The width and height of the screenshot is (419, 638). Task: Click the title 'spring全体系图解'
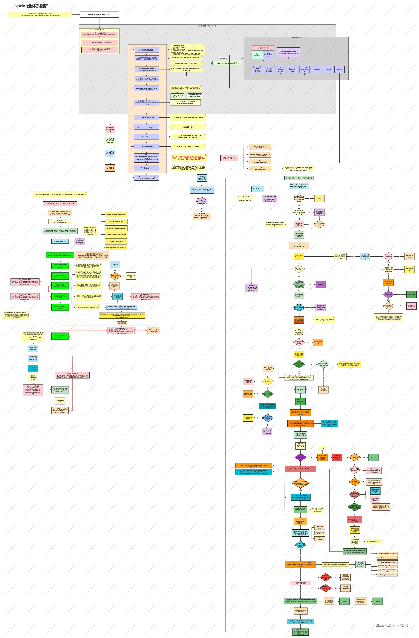coord(32,6)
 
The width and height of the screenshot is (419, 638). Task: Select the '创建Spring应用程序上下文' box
coord(99,14)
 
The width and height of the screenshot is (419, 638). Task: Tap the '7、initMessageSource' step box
coord(147,117)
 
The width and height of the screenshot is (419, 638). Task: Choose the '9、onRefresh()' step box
coord(147,137)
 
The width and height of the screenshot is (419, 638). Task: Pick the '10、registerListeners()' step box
coord(147,147)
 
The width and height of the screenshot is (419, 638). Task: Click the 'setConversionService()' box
coord(260,147)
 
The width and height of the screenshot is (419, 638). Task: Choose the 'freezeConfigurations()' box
coord(260,162)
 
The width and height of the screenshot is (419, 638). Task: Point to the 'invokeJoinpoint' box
coord(60,400)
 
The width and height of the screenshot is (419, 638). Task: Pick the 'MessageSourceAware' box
coord(387,574)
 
